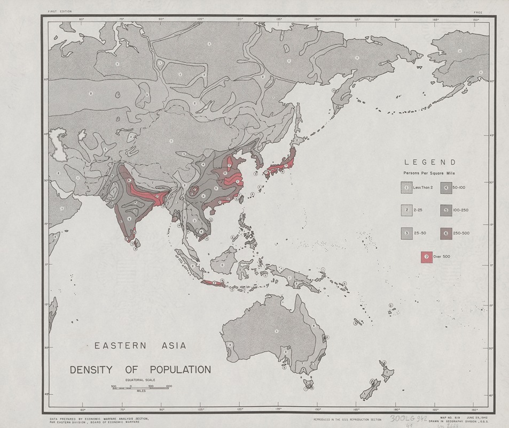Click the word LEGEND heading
pos(430,162)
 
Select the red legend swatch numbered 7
pos(427,256)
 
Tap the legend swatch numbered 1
pos(406,188)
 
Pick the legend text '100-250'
pos(459,210)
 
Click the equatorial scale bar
pos(141,387)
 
